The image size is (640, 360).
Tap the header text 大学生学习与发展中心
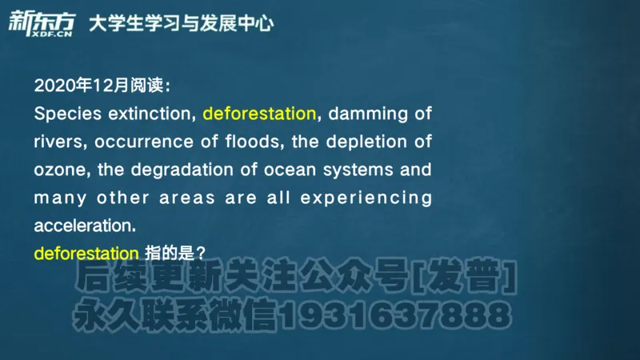pyautogui.click(x=181, y=23)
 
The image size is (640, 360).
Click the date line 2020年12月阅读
pyautogui.click(x=102, y=86)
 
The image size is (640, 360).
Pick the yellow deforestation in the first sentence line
pyautogui.click(x=260, y=114)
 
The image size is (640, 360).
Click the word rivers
pyautogui.click(x=58, y=142)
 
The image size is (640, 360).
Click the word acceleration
pyautogui.click(x=80, y=225)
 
